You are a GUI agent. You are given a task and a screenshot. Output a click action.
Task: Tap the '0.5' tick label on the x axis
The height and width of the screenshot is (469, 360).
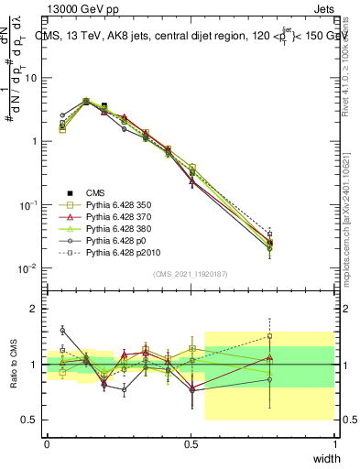pos(191,444)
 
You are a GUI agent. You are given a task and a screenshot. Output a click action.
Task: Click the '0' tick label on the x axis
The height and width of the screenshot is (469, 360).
pos(47,444)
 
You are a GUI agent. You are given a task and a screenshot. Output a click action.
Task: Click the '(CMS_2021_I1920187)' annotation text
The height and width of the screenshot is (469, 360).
pos(190,273)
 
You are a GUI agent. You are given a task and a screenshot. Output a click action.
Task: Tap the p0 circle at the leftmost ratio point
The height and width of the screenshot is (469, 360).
pos(62,330)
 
